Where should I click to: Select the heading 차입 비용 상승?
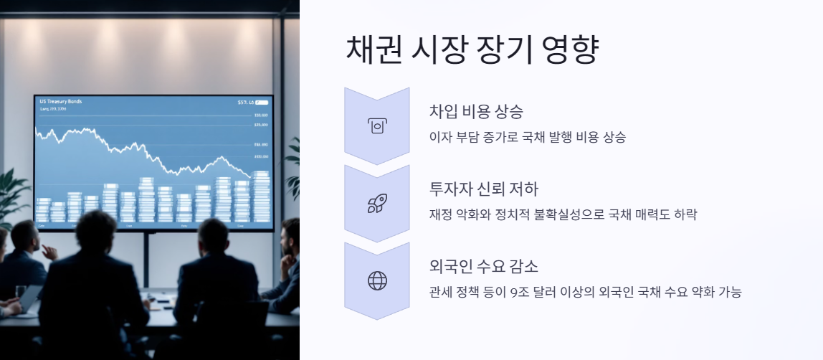point(476,112)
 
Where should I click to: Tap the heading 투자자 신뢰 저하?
point(483,189)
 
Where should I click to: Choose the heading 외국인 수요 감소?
point(483,267)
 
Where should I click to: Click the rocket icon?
point(377,203)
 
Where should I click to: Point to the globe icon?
point(377,280)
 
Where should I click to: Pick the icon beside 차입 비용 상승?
point(377,125)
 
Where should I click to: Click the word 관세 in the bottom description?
point(439,292)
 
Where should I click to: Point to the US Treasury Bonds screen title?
point(61,102)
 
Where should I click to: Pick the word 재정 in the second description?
point(439,214)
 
